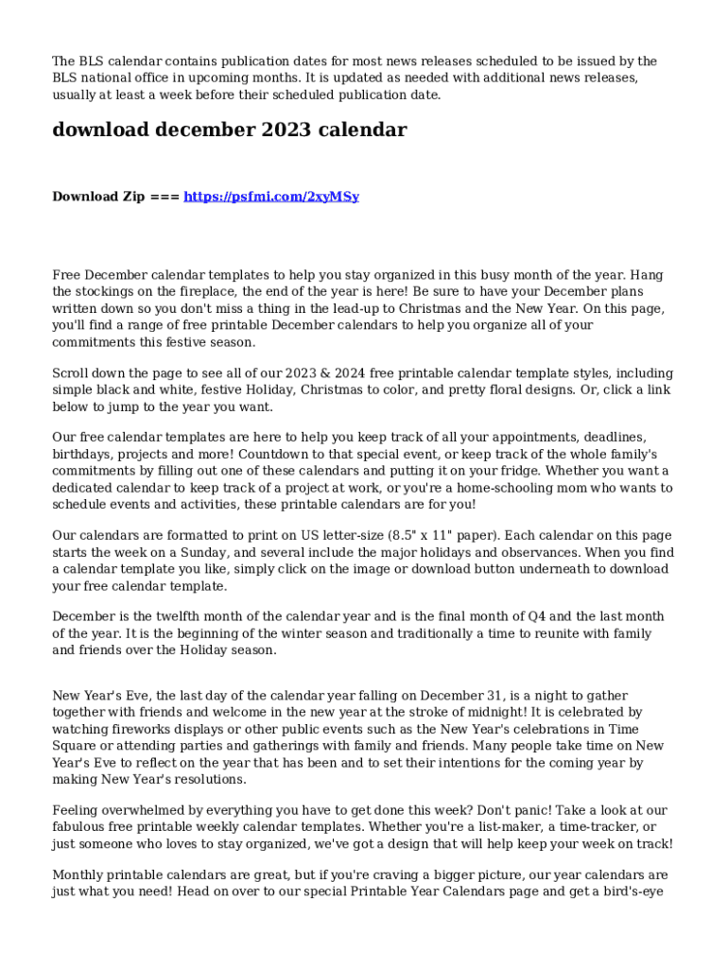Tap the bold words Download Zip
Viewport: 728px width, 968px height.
[98, 197]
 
